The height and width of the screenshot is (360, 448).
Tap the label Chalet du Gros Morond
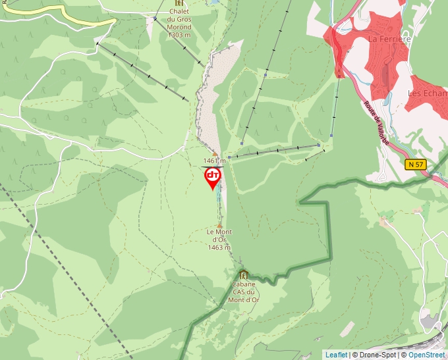pos(179,19)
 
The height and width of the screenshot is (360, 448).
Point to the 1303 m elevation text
pos(179,35)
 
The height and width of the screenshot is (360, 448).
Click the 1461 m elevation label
pos(214,161)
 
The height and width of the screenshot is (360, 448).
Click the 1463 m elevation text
pos(219,248)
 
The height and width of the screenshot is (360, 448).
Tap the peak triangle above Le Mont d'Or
pos(220,225)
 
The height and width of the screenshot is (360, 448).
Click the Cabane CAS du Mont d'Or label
pos(243,292)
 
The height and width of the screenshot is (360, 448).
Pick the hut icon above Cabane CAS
pos(244,275)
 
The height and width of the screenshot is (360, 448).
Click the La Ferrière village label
pos(389,39)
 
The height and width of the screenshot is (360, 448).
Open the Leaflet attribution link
pos(336,355)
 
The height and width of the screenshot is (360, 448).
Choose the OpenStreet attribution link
pos(427,355)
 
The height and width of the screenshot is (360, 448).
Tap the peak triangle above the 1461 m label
pos(215,153)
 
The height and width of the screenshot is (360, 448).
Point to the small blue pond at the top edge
pos(212,2)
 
